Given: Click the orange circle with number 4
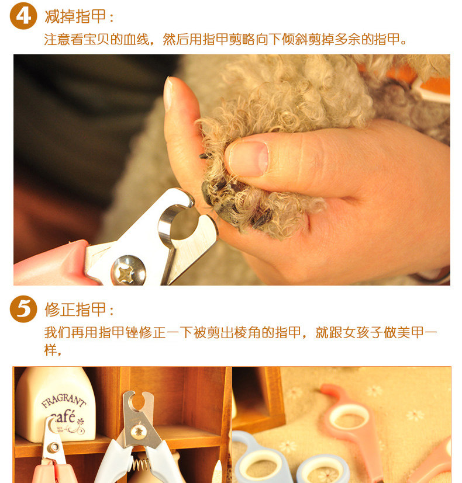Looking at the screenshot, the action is pos(23,16).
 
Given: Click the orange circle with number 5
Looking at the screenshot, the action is pos(23,309).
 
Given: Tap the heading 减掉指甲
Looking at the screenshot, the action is pos(75,16).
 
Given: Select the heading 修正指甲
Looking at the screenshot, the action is pos(75,310).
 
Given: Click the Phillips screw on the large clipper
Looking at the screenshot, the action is pos(128,270).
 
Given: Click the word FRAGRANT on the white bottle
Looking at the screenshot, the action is pos(64,401).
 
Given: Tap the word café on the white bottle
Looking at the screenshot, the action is pos(63,417).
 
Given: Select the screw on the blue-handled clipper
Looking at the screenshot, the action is pos(137,432).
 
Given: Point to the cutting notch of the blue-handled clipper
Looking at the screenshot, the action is pos(137,401).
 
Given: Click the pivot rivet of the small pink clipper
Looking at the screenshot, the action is pos(54,447).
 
